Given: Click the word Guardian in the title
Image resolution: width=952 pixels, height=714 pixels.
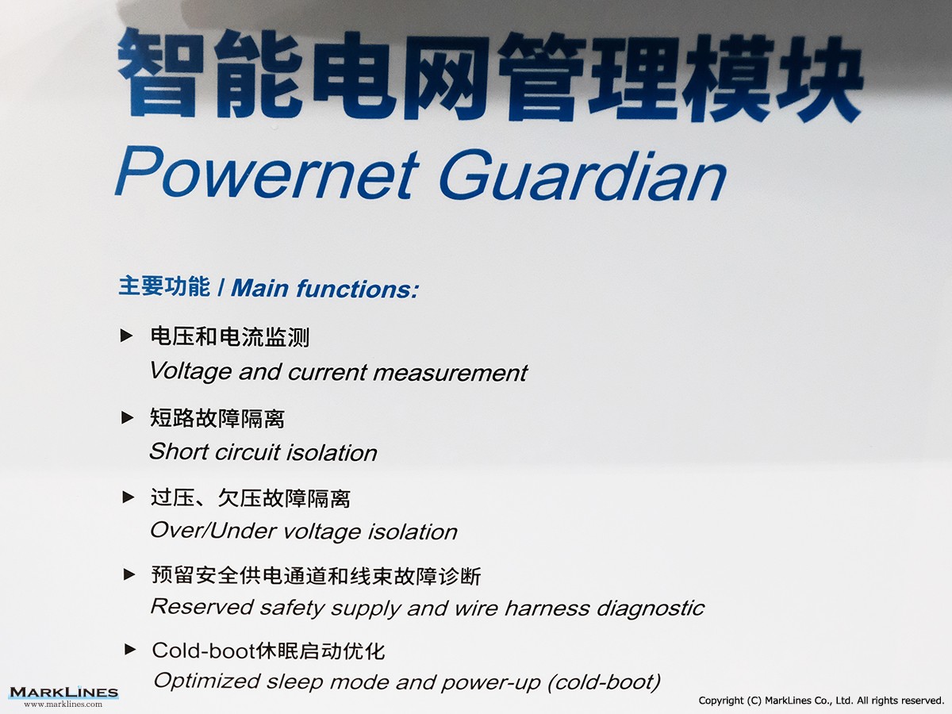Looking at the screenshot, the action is point(583,175).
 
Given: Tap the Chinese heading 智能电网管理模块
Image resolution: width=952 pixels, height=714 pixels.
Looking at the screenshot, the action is point(490,75).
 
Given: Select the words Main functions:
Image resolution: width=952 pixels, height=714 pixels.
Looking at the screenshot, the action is point(324,288).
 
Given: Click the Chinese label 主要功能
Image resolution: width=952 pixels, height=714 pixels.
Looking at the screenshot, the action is point(164,286).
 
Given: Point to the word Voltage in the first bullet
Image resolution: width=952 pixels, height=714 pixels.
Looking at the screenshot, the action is point(190,372).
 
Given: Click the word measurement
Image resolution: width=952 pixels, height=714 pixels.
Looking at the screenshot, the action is point(450,373).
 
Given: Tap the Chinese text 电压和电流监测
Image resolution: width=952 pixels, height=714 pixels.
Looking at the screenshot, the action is point(230,337).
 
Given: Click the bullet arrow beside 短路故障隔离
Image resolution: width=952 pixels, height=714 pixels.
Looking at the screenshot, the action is point(127,417).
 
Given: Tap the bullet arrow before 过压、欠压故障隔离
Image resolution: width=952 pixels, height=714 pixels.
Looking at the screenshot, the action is point(129,497).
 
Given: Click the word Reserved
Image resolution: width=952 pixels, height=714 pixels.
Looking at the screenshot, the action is point(202,606).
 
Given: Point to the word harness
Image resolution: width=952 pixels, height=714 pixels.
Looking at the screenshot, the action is point(547,608).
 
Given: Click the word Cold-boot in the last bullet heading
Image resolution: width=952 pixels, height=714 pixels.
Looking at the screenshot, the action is point(203,651).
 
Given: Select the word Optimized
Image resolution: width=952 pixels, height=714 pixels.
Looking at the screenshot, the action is point(206,681).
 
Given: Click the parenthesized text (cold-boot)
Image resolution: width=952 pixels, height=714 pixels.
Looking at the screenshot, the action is point(605,682).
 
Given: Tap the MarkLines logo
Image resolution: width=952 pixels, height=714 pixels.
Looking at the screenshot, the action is point(63,696).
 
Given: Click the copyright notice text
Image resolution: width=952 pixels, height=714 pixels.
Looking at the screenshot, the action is point(821,701).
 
